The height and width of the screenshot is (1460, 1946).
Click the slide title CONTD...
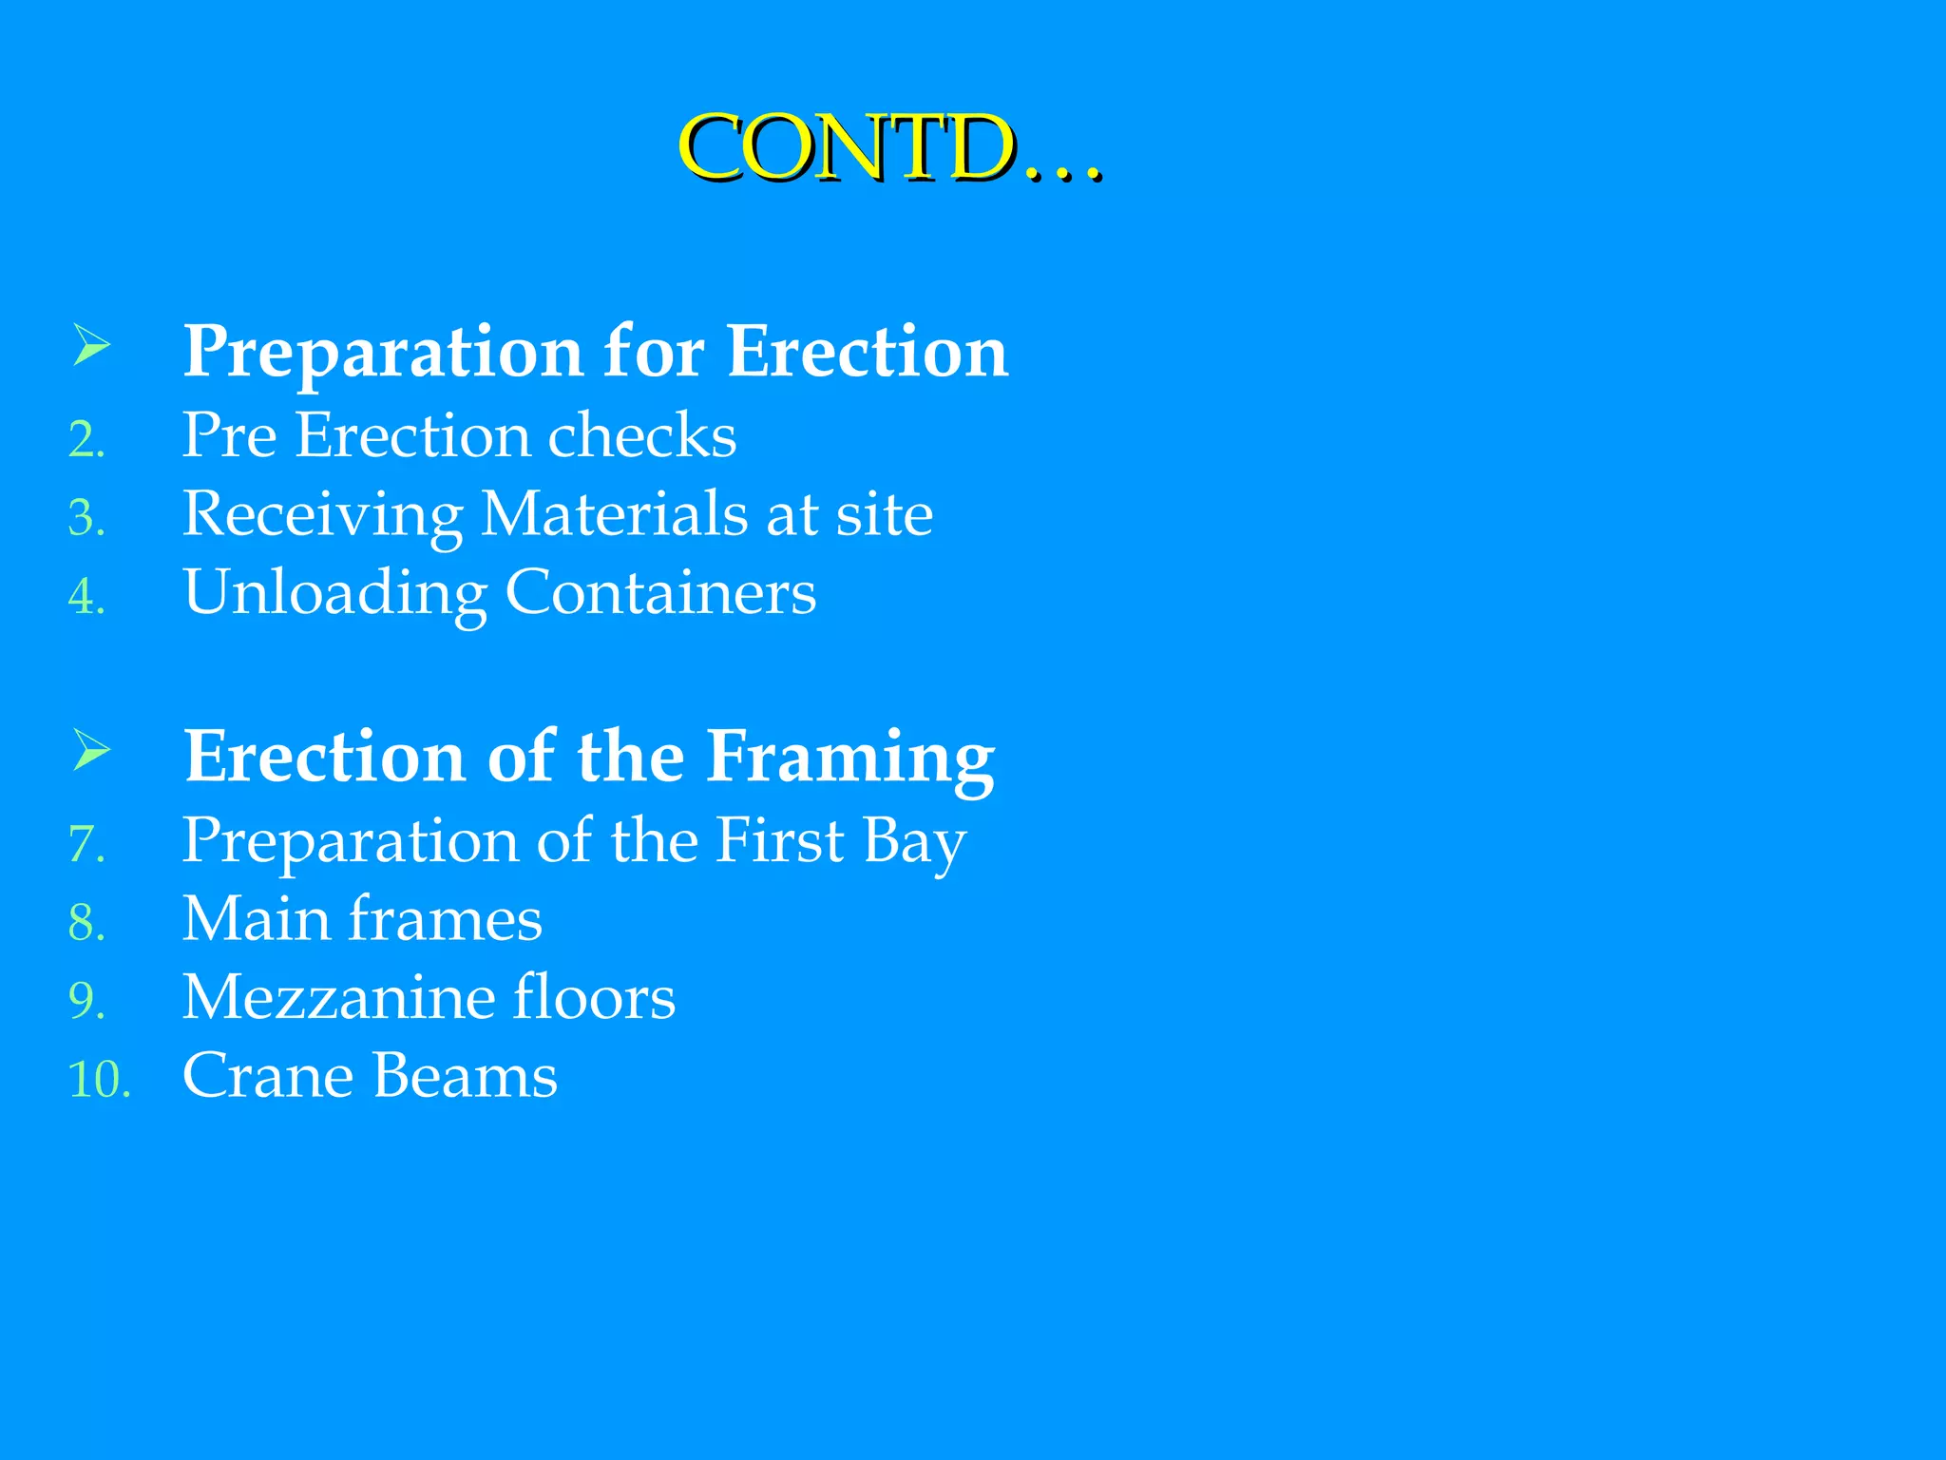tap(889, 147)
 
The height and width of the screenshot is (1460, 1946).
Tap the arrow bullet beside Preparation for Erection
tap(91, 344)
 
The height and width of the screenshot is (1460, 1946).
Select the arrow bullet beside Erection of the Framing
tap(91, 750)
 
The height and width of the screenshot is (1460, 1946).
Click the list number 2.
tap(86, 440)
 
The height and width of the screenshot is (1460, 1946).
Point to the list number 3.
tap(86, 518)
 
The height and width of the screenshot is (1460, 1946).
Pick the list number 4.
tap(86, 597)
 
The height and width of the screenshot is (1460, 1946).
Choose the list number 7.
tap(86, 844)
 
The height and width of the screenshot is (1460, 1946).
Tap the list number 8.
tap(86, 923)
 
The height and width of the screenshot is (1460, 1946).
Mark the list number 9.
tap(86, 1001)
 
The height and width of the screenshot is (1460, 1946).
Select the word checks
tap(642, 436)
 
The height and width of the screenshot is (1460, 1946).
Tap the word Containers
tap(660, 592)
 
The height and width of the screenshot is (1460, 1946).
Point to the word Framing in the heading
tap(850, 758)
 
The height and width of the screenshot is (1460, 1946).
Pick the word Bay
tap(914, 842)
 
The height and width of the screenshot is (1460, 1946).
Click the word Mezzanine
tap(337, 997)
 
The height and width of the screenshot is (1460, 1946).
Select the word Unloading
tap(334, 594)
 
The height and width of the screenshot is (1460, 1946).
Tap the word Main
tap(256, 919)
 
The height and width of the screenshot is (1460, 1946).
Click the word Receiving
tap(323, 516)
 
